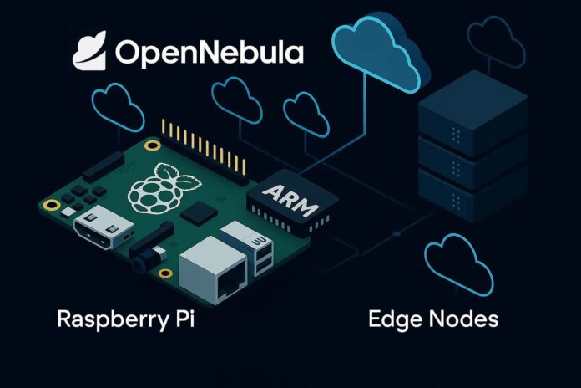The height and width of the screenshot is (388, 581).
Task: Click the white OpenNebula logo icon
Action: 89,51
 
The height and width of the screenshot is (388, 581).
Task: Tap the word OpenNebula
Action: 210,53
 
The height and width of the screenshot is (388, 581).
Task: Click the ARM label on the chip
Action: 290,201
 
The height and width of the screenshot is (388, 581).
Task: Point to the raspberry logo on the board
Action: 162,189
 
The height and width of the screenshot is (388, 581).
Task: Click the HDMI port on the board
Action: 104,227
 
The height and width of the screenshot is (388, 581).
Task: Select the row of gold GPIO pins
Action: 204,147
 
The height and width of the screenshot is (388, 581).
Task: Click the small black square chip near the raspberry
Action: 199,213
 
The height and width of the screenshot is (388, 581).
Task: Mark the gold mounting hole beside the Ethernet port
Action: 165,273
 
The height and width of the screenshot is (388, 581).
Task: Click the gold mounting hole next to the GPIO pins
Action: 153,145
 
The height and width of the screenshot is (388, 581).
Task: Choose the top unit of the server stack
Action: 472,113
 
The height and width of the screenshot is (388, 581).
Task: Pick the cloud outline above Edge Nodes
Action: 460,264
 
